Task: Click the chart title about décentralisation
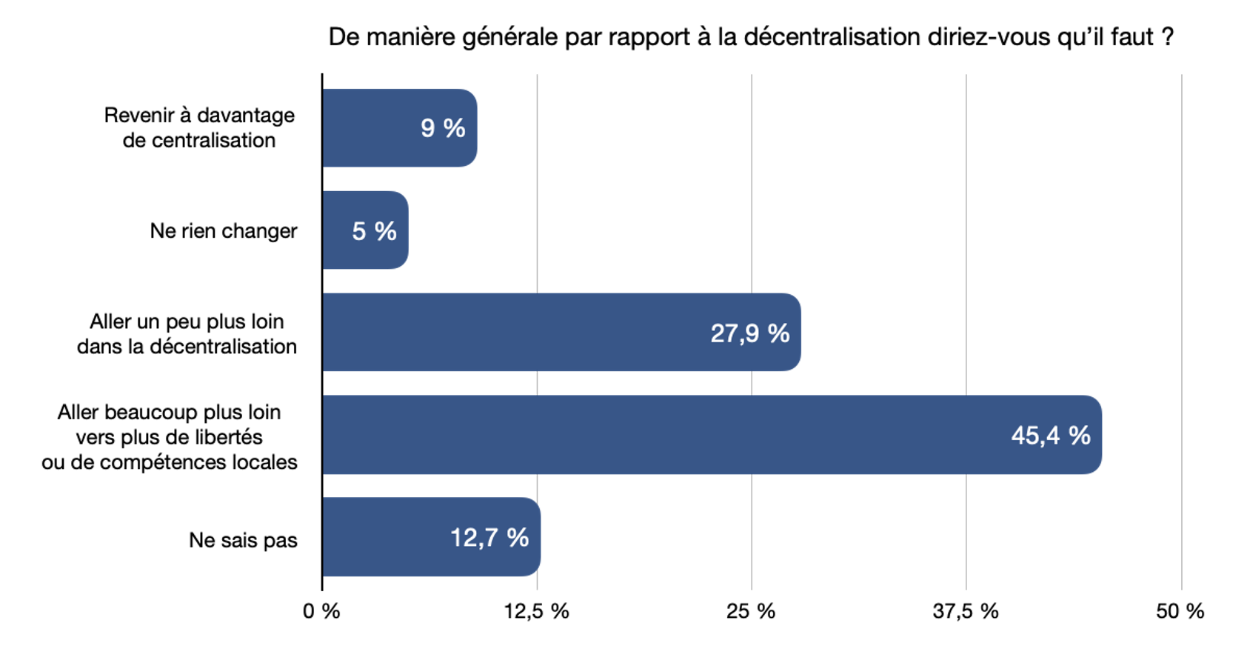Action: (750, 37)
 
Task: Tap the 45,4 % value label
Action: (1050, 436)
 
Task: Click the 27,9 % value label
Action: (749, 333)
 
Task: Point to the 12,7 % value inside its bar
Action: (489, 538)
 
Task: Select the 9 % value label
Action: (443, 128)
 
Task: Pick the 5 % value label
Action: (374, 231)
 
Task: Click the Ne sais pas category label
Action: (243, 540)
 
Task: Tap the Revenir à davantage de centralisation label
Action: (199, 127)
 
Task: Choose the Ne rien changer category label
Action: (223, 231)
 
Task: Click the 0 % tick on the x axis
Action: (321, 612)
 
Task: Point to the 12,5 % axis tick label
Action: (536, 612)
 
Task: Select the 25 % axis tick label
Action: (750, 612)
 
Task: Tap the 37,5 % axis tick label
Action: (965, 612)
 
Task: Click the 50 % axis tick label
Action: (1180, 612)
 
